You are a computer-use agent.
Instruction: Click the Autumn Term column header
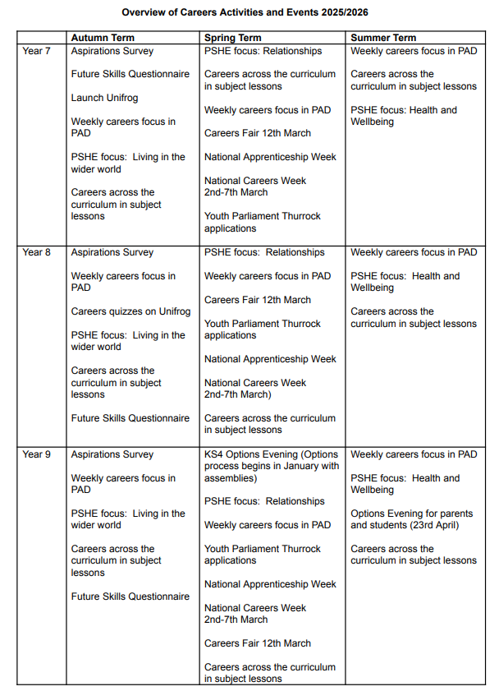[103, 38]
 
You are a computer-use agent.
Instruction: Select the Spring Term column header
[233, 38]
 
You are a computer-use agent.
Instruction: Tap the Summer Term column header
[383, 38]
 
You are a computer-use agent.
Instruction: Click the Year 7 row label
[36, 51]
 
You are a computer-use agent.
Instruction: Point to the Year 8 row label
[36, 252]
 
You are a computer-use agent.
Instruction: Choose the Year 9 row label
[36, 454]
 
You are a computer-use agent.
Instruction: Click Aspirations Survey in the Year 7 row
[112, 51]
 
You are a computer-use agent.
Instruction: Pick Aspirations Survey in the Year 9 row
[112, 454]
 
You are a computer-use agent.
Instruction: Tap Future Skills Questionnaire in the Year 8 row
[130, 418]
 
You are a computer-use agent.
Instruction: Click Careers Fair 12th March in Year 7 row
[258, 133]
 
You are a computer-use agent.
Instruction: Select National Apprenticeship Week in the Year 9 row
[270, 584]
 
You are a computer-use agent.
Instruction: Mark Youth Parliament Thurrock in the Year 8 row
[263, 324]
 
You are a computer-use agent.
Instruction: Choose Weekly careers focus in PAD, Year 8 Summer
[414, 252]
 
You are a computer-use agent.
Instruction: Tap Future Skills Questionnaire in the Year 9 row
[130, 597]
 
